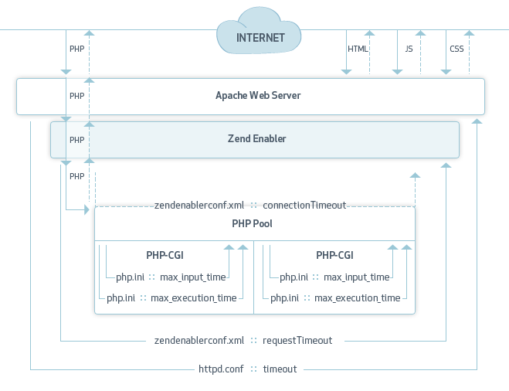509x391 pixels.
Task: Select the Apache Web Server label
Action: [258, 96]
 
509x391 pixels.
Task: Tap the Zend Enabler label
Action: [256, 139]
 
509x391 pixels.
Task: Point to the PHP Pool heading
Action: [252, 224]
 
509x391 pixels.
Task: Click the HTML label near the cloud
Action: [358, 49]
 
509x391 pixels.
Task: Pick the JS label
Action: [409, 49]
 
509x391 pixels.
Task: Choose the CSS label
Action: [456, 49]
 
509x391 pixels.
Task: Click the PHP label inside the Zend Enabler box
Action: [76, 140]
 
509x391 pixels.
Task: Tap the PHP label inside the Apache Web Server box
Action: [76, 97]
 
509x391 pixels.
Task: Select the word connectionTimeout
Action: [304, 206]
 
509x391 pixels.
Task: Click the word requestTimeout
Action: [297, 340]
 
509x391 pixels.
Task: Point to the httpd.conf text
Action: [221, 369]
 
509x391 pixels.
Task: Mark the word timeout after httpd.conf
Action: [280, 369]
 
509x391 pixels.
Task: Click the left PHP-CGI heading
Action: [165, 254]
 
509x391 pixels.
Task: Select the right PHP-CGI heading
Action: [334, 254]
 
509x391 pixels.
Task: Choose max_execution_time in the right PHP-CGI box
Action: [358, 298]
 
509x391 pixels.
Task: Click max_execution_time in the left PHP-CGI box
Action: [194, 298]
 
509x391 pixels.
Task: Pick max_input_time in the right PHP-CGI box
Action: [357, 277]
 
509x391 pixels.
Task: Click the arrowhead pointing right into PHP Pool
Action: [86, 209]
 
